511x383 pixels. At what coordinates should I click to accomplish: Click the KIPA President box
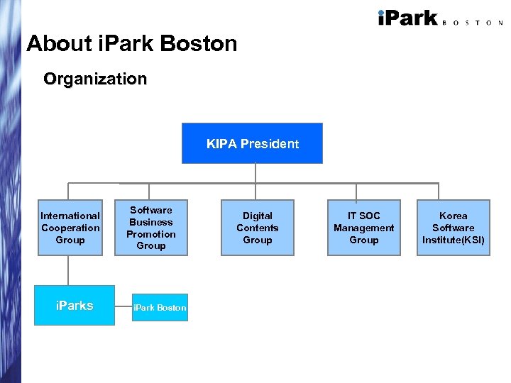click(x=252, y=143)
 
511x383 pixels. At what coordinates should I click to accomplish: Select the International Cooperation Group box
click(x=70, y=228)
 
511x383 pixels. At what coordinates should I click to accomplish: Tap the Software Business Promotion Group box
click(x=151, y=228)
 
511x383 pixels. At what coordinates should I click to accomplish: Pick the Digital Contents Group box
click(x=257, y=228)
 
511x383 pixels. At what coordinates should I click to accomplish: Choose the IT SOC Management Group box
click(x=363, y=228)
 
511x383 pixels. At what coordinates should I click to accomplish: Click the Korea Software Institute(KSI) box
click(x=453, y=228)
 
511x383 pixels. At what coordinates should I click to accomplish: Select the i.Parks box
click(x=75, y=305)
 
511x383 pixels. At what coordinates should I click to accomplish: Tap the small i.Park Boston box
click(x=160, y=308)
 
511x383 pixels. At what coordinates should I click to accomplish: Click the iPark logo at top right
click(x=407, y=18)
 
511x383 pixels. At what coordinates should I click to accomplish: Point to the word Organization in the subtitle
click(x=95, y=79)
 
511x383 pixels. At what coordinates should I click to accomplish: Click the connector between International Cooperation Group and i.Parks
click(x=69, y=270)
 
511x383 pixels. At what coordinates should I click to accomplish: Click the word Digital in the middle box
click(x=257, y=216)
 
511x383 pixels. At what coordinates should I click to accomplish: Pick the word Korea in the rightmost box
click(x=453, y=216)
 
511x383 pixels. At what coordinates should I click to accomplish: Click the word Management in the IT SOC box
click(x=363, y=228)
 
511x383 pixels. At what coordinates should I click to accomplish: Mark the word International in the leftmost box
click(x=70, y=216)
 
